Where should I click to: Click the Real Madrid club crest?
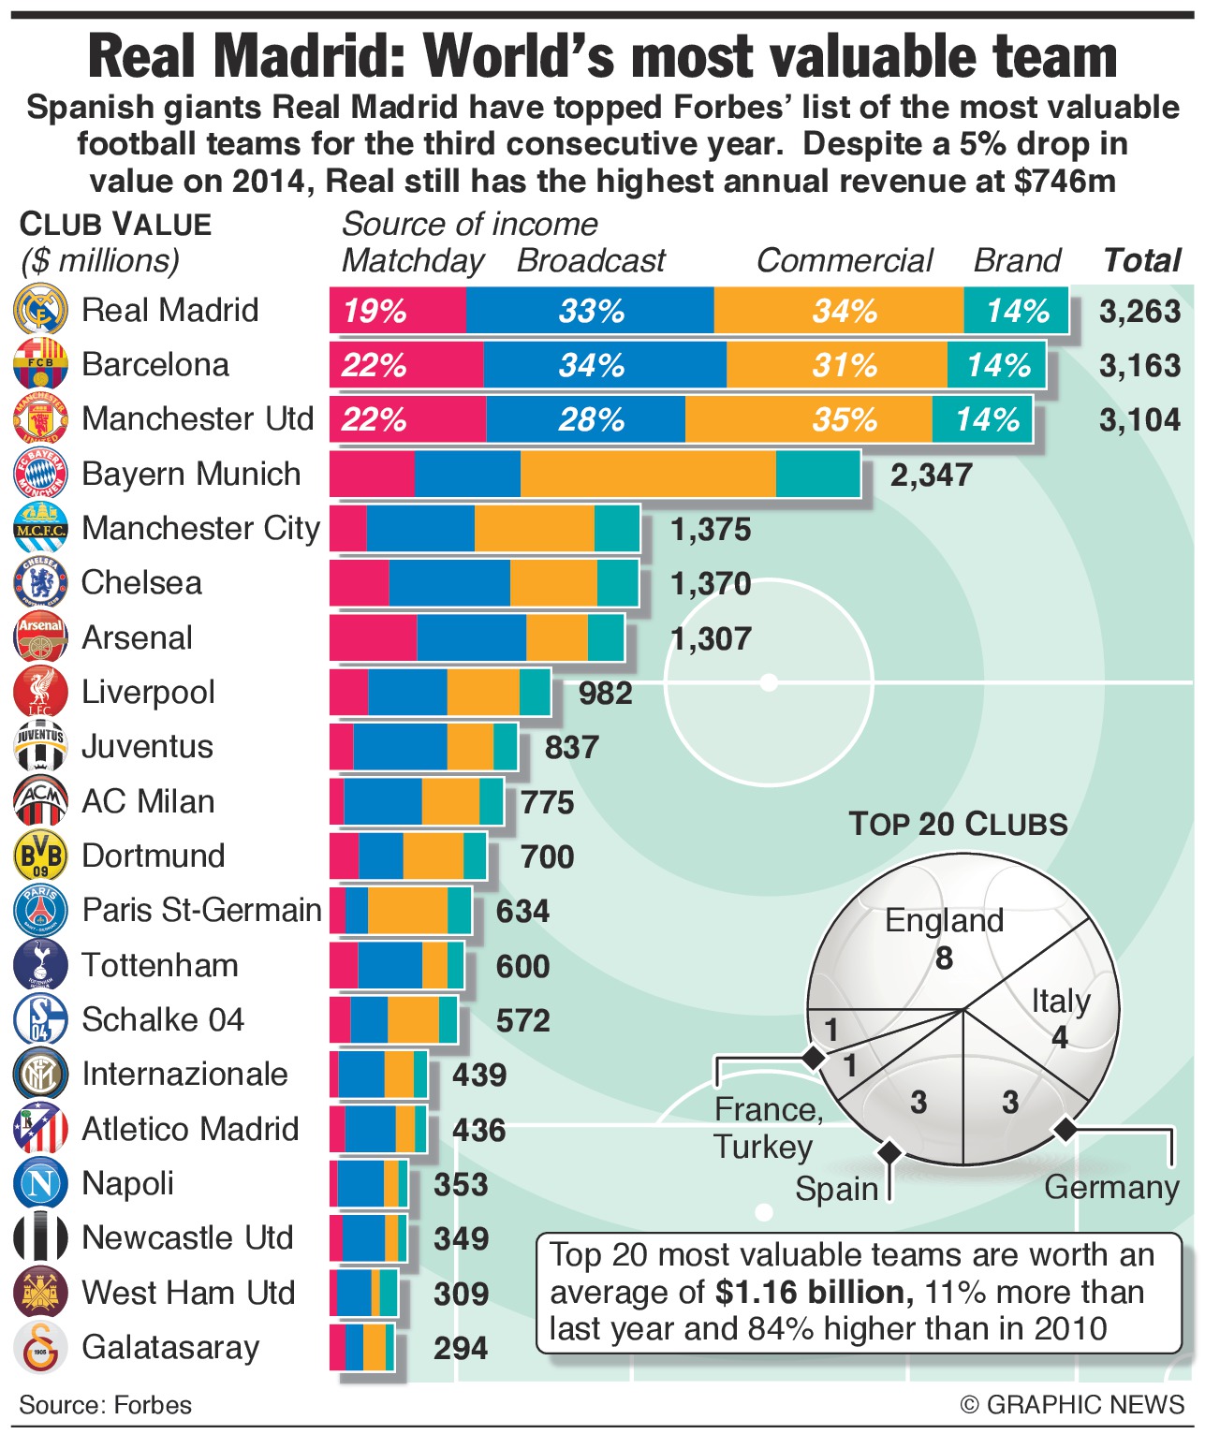tap(40, 310)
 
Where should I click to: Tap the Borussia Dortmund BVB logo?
tap(40, 856)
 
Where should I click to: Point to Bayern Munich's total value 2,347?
tap(931, 475)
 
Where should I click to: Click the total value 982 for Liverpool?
tap(605, 694)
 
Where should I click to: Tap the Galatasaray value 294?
tap(461, 1348)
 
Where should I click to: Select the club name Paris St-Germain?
tap(201, 910)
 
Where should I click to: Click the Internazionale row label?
tap(184, 1074)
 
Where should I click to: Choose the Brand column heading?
tap(1017, 260)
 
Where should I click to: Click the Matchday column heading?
tap(412, 260)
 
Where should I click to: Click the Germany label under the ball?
tap(1111, 1187)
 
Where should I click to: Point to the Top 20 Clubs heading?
tap(958, 825)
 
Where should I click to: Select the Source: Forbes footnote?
tap(105, 1405)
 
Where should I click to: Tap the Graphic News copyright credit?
tap(1072, 1405)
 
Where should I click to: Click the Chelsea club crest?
tap(40, 582)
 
